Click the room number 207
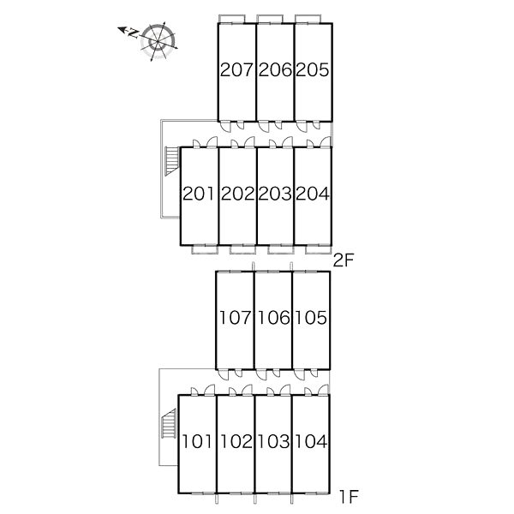click(x=236, y=70)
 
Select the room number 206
click(x=275, y=70)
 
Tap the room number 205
click(x=312, y=70)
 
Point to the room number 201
click(x=199, y=194)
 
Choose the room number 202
click(x=237, y=194)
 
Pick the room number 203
click(x=275, y=194)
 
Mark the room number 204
click(x=313, y=194)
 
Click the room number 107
click(x=235, y=317)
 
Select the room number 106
click(x=274, y=317)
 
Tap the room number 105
click(x=311, y=317)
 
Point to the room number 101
click(x=197, y=441)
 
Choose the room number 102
click(x=236, y=441)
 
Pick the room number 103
click(x=274, y=441)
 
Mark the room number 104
click(x=312, y=441)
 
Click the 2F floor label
click(x=344, y=261)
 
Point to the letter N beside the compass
click(x=134, y=33)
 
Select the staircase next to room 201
click(x=171, y=161)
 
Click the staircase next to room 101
click(x=169, y=424)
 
